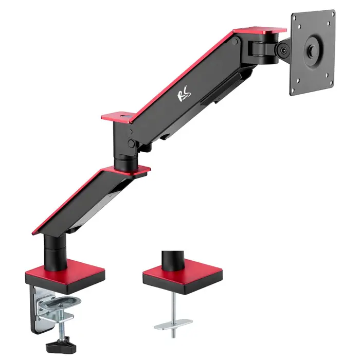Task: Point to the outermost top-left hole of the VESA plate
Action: (298, 21)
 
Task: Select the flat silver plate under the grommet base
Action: (173, 325)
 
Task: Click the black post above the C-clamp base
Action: (55, 252)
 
